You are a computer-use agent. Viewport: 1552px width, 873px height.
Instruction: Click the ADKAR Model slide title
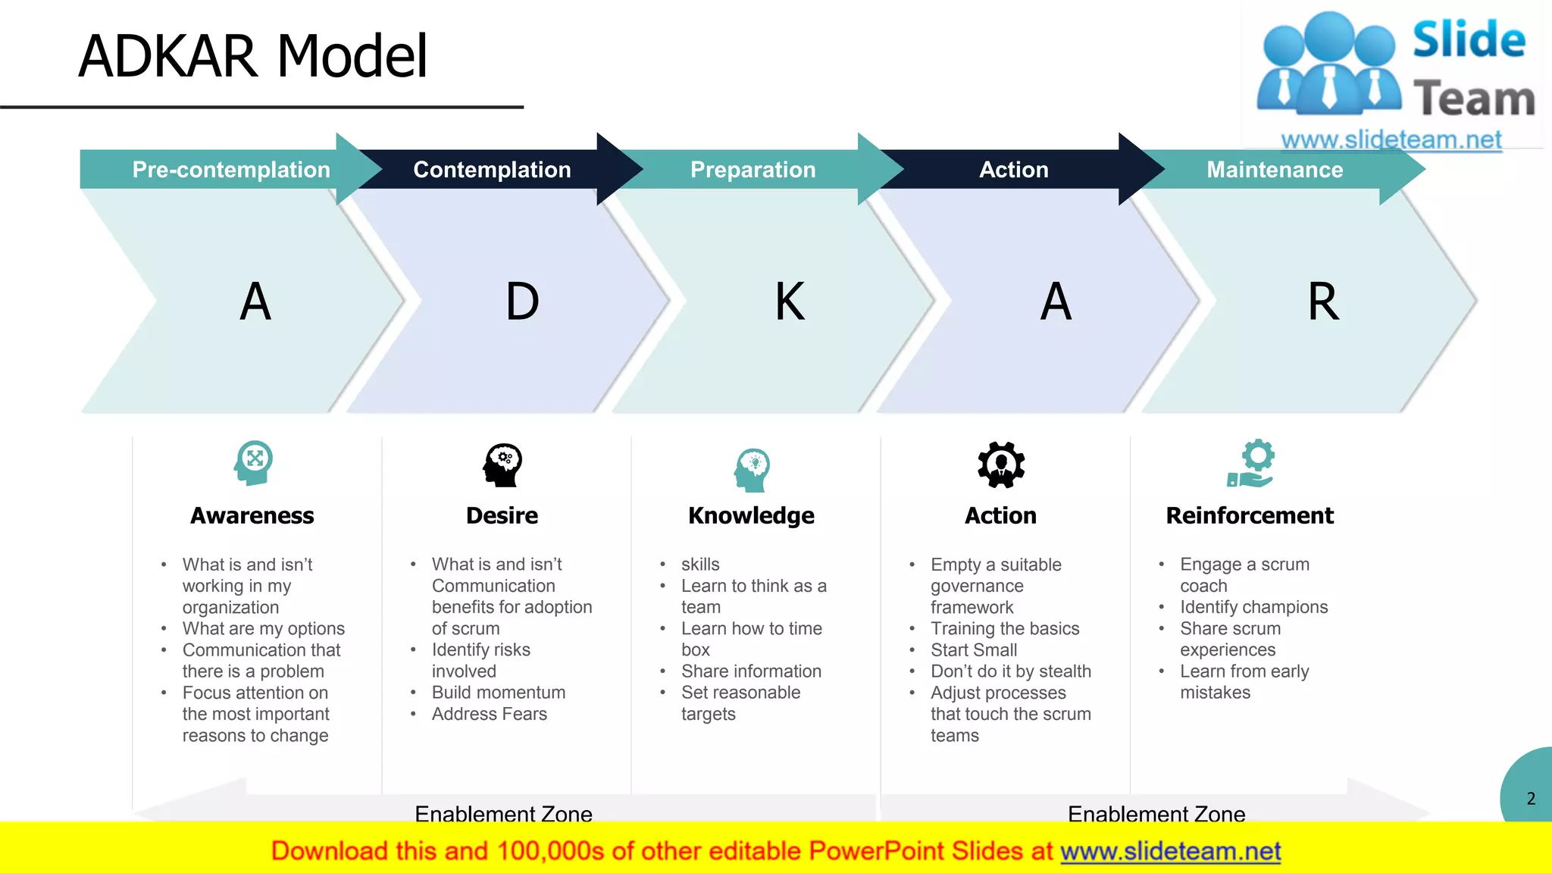[x=253, y=56]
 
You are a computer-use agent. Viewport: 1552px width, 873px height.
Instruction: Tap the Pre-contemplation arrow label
[x=231, y=170]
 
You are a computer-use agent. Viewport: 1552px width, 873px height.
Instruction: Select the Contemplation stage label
[x=492, y=170]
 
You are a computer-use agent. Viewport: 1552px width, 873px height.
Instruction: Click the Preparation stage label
[x=753, y=170]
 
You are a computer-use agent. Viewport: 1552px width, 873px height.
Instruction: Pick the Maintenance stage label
[x=1275, y=170]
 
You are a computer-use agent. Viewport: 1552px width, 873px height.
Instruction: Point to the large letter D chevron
[x=522, y=302]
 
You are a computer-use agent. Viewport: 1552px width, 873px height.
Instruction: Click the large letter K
[x=790, y=302]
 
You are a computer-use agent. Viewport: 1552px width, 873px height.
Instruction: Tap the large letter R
[x=1323, y=302]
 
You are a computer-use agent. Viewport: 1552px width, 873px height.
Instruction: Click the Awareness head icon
[x=253, y=463]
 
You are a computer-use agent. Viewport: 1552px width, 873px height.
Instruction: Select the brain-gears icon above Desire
[x=502, y=465]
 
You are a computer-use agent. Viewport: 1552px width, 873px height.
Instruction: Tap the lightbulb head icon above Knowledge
[x=752, y=469]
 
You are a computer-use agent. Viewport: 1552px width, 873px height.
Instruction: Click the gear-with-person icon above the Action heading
[x=1001, y=465]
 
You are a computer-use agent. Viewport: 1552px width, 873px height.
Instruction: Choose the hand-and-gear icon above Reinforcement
[x=1251, y=464]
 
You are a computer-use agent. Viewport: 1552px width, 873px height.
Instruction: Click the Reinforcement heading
[x=1250, y=515]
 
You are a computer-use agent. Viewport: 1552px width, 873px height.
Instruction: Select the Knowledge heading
[x=751, y=515]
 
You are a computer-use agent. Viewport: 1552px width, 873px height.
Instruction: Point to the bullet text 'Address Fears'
[x=489, y=714]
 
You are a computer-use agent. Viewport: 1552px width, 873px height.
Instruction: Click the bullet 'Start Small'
[x=974, y=650]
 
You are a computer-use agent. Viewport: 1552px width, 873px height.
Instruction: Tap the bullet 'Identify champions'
[x=1253, y=607]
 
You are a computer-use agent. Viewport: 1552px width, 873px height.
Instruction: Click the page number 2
[x=1531, y=799]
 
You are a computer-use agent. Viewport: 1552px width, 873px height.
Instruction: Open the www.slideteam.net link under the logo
[x=1391, y=139]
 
